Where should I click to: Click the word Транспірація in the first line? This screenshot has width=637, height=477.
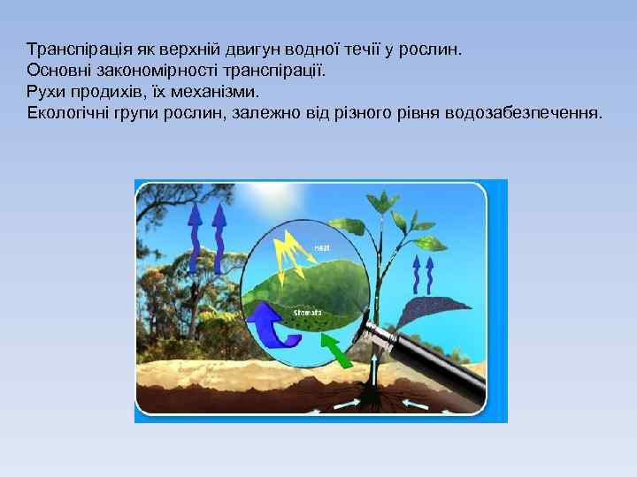point(72,49)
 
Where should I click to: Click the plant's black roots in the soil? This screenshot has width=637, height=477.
point(372,397)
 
